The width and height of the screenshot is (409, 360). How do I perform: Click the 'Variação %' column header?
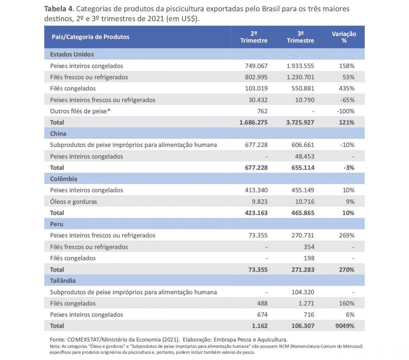tap(344, 37)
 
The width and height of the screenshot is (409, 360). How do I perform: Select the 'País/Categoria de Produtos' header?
tap(90, 37)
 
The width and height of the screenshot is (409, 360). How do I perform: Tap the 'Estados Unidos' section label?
tap(72, 54)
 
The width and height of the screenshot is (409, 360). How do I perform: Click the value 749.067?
tap(256, 66)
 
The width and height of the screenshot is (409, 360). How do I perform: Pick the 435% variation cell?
tap(347, 88)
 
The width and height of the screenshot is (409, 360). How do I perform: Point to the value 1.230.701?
tap(300, 77)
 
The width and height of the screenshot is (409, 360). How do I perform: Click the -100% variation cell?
tap(345, 111)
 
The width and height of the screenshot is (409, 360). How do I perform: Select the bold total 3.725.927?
tap(300, 122)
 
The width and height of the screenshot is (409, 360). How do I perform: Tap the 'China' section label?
tap(58, 133)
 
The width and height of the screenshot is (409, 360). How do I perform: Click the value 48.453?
tap(303, 156)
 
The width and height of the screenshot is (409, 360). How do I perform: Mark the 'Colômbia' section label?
tap(63, 179)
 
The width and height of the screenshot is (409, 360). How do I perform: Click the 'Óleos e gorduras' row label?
tap(73, 202)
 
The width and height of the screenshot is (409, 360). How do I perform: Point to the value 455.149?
tap(303, 190)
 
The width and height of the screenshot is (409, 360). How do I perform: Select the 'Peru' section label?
tap(57, 224)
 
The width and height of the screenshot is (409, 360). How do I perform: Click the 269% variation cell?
tap(347, 235)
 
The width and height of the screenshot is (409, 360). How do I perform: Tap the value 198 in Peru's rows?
tap(309, 258)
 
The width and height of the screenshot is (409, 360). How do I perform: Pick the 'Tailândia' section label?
tap(63, 280)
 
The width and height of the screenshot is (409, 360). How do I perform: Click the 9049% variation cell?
tap(345, 326)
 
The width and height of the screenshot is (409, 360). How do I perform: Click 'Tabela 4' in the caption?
tap(58, 9)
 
